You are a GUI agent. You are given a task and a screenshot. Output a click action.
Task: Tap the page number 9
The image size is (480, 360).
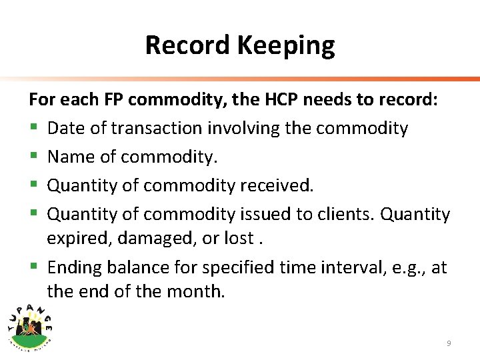click(449, 343)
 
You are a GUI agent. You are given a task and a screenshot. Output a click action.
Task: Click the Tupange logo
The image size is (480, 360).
click(31, 323)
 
